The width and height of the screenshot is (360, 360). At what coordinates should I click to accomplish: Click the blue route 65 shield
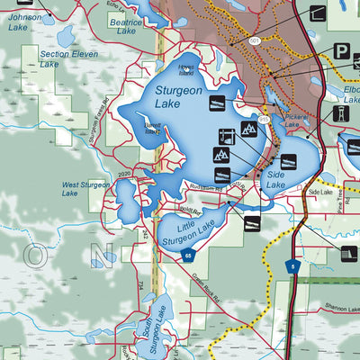pos(188,256)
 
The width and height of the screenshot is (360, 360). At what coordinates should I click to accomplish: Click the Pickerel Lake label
pos(296,121)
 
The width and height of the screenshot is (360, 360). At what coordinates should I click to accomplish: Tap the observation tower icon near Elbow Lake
pos(341,114)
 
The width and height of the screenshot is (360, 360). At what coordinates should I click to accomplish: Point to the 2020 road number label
pos(123,174)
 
